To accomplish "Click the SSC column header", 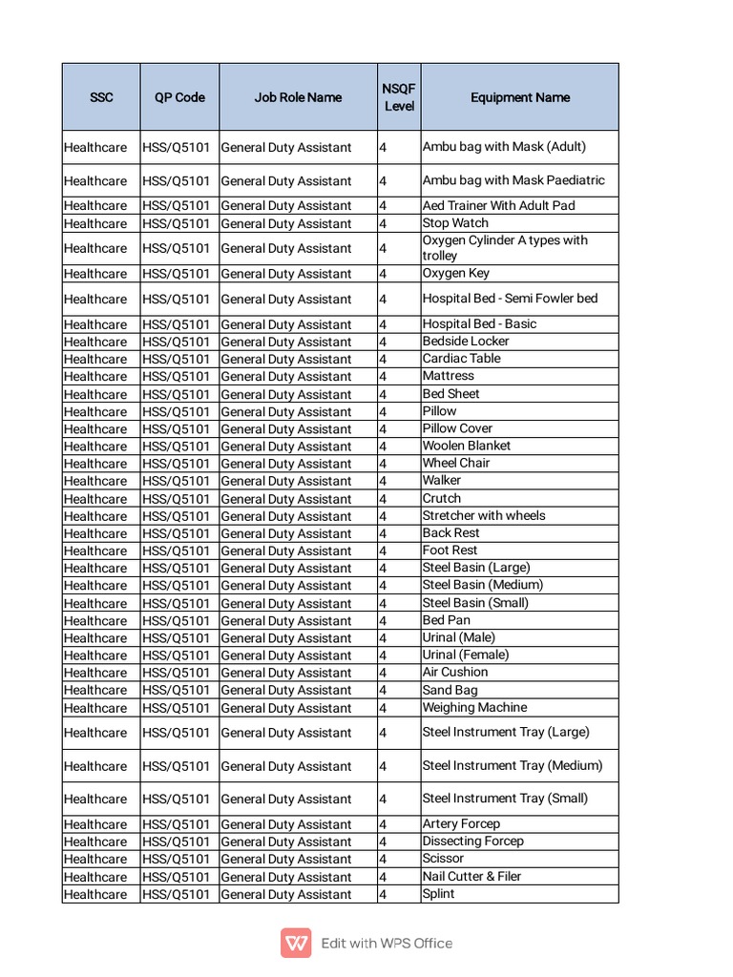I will pyautogui.click(x=101, y=97).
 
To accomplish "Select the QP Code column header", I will pyautogui.click(x=179, y=97).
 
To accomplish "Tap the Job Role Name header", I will pyautogui.click(x=298, y=97).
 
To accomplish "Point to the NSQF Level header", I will pyautogui.click(x=399, y=97).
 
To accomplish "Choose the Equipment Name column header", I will pyautogui.click(x=520, y=97).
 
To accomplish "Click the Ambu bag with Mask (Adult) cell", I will pyautogui.click(x=504, y=147).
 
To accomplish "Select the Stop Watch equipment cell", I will pyautogui.click(x=455, y=223).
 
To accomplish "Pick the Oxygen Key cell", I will pyautogui.click(x=456, y=273).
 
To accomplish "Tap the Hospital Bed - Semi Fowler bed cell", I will pyautogui.click(x=510, y=299).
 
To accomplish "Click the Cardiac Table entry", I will pyautogui.click(x=461, y=359).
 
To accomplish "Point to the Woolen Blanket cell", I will pyautogui.click(x=467, y=446).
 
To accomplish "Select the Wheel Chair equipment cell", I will pyautogui.click(x=456, y=463).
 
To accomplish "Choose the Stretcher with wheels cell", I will pyautogui.click(x=484, y=515).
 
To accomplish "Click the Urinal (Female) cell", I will pyautogui.click(x=466, y=655).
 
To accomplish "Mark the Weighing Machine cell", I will pyautogui.click(x=474, y=707).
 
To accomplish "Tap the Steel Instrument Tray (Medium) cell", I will pyautogui.click(x=513, y=765).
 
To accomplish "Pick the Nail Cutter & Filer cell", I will pyautogui.click(x=471, y=876).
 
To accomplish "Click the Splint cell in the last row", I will pyautogui.click(x=438, y=894).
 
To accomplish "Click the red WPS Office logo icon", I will pyautogui.click(x=296, y=943).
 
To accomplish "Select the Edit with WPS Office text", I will pyautogui.click(x=387, y=944).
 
